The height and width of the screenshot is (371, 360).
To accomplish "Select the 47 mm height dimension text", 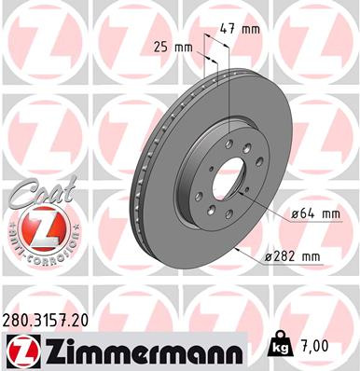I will (243, 29).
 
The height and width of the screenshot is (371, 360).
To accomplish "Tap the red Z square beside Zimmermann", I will (19, 350).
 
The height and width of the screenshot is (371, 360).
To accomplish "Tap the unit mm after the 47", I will (252, 29).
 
